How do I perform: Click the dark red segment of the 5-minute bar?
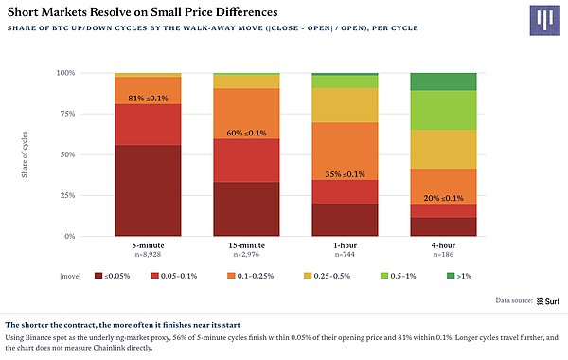point(148,190)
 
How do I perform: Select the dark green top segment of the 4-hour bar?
point(443,81)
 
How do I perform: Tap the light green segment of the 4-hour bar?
point(443,110)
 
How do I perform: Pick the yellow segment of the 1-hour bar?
point(345,105)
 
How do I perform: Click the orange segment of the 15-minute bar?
point(246,114)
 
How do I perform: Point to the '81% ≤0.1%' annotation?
point(148,99)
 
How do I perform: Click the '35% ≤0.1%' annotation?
point(345,174)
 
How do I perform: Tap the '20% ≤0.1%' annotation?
point(443,198)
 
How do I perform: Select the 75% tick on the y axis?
point(67,114)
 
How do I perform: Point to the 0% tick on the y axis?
point(69,237)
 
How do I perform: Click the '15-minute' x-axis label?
point(246,245)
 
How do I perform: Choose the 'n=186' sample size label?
point(443,255)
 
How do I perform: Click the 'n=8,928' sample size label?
point(148,255)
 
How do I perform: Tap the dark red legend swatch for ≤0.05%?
point(98,276)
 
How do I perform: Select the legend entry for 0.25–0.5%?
point(328,276)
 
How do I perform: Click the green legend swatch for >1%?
point(451,276)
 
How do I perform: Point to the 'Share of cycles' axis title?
point(25,154)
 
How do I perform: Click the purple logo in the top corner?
point(545,20)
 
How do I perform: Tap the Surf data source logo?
point(548,301)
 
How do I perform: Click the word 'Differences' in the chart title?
point(247,12)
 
